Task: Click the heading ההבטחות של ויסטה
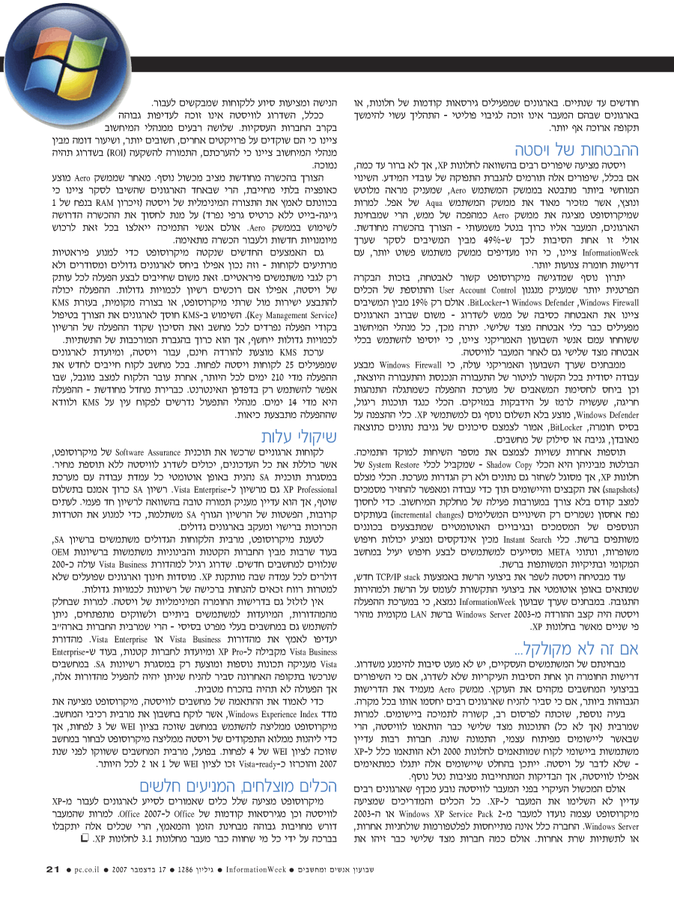(x=581, y=150)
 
